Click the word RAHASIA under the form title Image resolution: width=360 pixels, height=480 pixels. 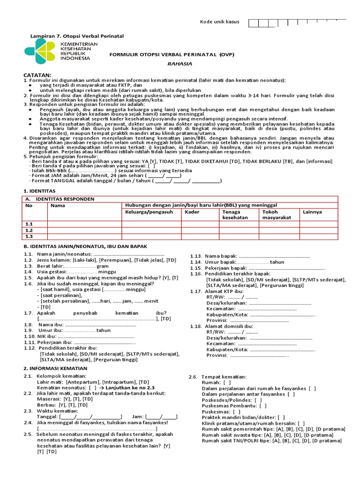171,64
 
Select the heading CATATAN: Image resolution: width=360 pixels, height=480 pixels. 38,75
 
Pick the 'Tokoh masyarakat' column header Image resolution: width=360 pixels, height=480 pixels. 276,215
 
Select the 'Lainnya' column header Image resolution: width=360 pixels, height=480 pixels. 312,212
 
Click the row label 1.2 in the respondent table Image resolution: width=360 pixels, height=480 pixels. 29,230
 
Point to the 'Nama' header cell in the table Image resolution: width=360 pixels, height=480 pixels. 58,205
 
